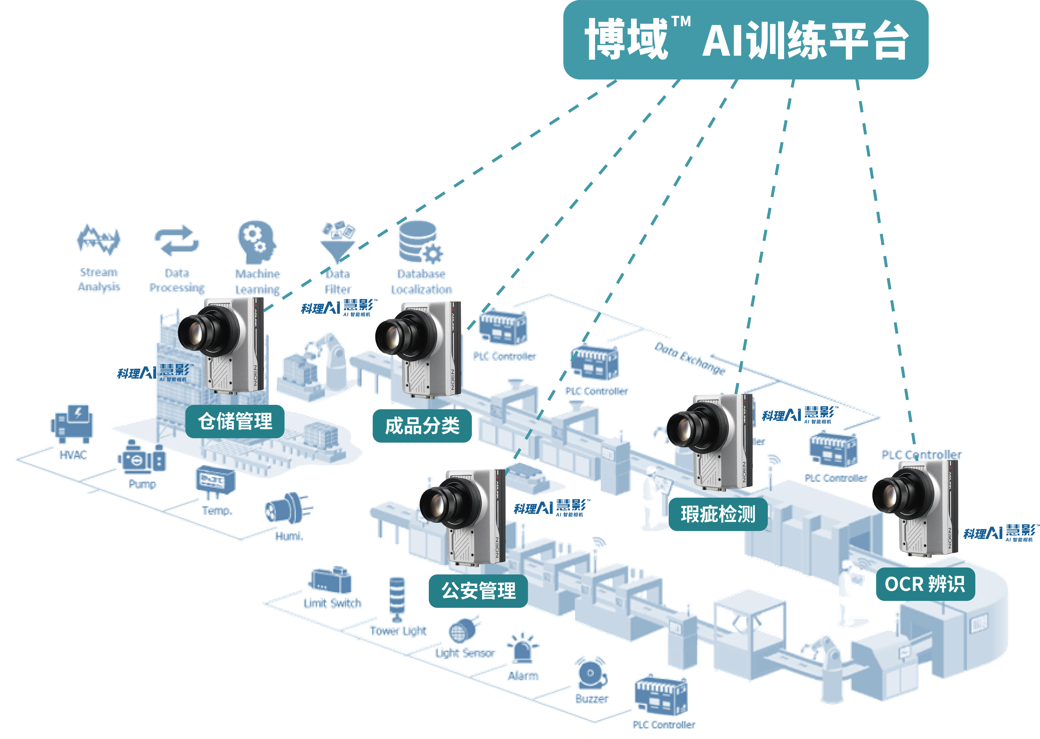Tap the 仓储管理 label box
[x=235, y=421]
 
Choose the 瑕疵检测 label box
[x=718, y=514]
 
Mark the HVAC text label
[x=73, y=455]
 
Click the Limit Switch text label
[x=333, y=603]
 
